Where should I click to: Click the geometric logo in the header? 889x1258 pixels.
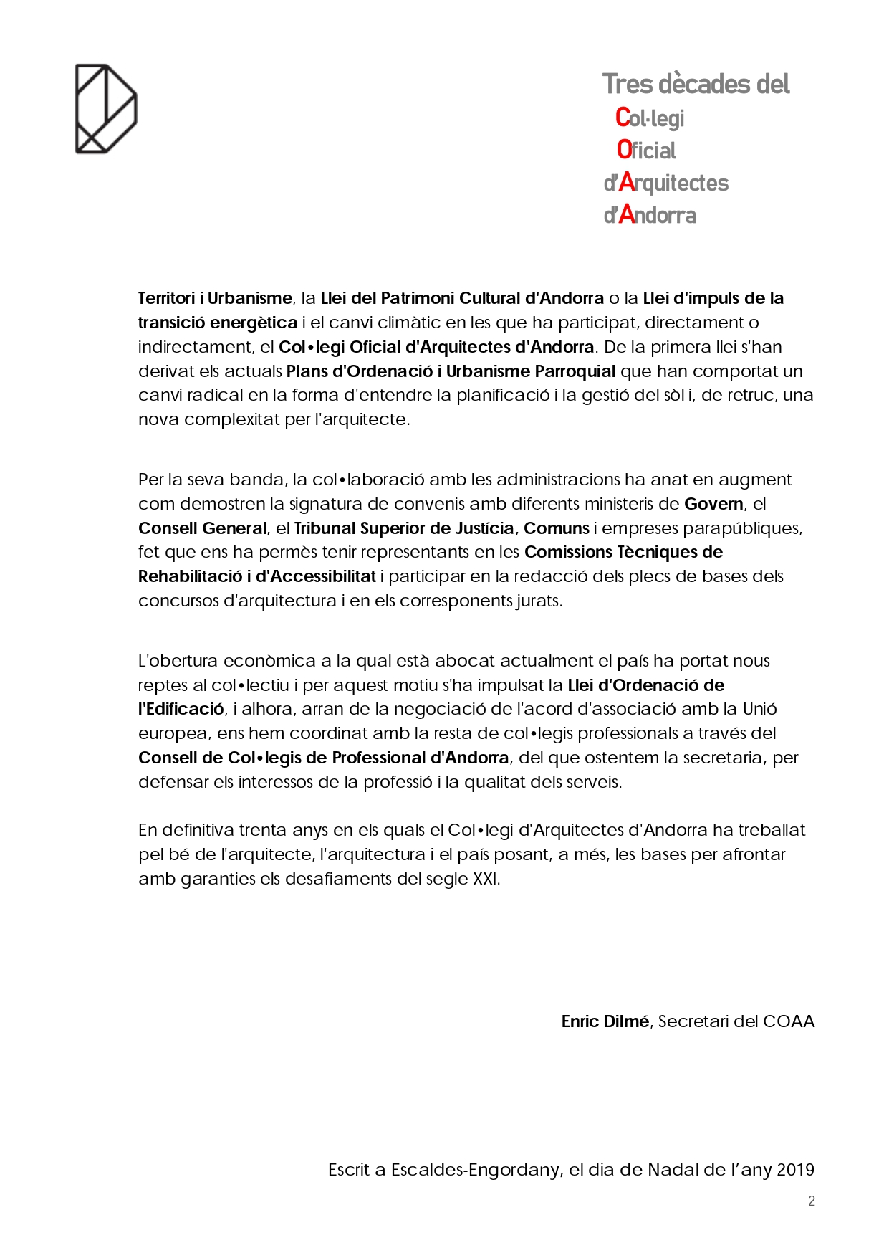point(106,109)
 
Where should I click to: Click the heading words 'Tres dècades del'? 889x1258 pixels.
point(696,85)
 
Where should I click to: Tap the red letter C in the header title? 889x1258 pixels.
point(623,117)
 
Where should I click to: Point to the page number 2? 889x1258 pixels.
point(811,1201)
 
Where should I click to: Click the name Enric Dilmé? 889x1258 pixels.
point(605,1021)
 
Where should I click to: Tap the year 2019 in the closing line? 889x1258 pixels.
point(795,1170)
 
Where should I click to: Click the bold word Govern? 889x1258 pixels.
point(713,504)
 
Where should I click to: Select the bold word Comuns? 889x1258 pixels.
point(557,528)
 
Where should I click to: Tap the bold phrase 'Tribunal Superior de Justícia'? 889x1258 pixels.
point(404,528)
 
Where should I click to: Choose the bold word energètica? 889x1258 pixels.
point(254,323)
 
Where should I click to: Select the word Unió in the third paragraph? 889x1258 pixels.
point(759,709)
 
